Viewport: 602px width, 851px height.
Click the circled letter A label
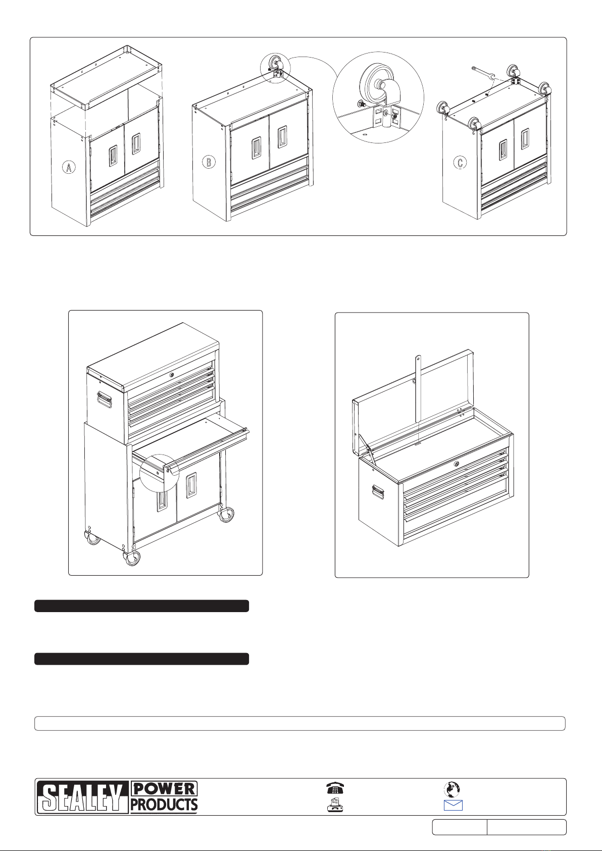(69, 167)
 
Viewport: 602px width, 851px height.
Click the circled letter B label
(209, 162)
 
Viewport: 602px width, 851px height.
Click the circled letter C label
(460, 163)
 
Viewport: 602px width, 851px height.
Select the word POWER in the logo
(164, 789)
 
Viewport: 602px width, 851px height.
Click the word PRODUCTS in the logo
(164, 805)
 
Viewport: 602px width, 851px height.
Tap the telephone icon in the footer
(335, 788)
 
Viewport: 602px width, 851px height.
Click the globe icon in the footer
(452, 789)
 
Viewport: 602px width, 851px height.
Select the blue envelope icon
(453, 805)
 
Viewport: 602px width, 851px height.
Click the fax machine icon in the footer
(335, 805)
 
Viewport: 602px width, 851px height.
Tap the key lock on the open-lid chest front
(457, 464)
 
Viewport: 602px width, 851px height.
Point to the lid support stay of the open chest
(418, 389)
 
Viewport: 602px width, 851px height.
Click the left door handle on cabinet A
(113, 156)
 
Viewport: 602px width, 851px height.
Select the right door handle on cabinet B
(282, 137)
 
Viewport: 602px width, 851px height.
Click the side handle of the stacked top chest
(105, 399)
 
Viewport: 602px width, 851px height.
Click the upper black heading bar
(142, 606)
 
